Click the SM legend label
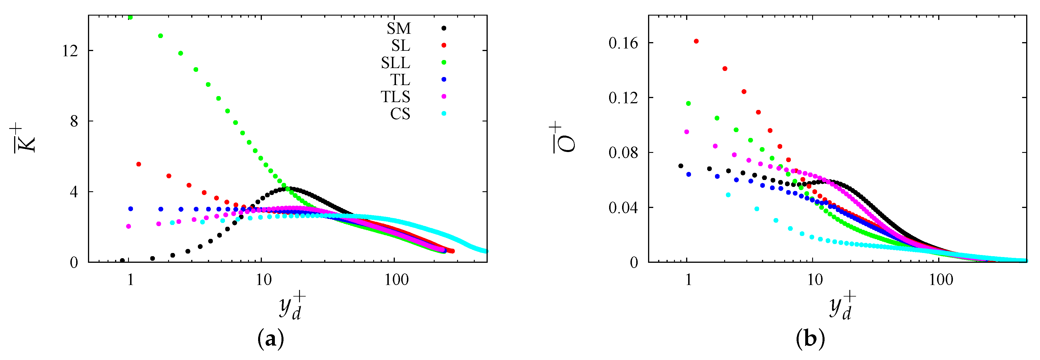click(x=399, y=28)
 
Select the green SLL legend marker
click(x=444, y=62)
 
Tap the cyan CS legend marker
click(x=444, y=113)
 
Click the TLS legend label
click(x=395, y=97)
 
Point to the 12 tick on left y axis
click(x=70, y=51)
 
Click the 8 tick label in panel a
click(x=74, y=121)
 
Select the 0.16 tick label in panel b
click(x=623, y=43)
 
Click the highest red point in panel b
click(x=696, y=41)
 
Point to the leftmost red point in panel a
click(x=138, y=164)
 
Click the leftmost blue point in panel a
click(x=130, y=209)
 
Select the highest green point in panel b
click(x=688, y=103)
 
